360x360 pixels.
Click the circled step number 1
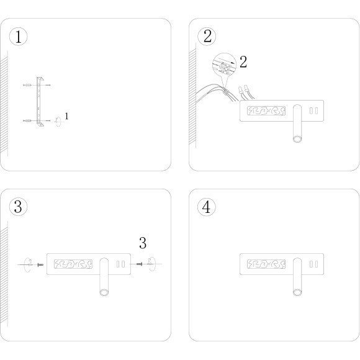click(18, 37)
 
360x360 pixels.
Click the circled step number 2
click(207, 36)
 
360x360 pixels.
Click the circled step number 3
click(18, 207)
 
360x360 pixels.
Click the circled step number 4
click(207, 207)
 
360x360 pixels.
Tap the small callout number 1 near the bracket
click(66, 116)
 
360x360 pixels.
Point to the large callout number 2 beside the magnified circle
click(243, 62)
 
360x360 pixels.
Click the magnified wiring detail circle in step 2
click(224, 65)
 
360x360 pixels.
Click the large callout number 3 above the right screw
click(143, 243)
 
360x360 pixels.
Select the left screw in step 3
click(40, 264)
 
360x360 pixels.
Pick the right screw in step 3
click(140, 264)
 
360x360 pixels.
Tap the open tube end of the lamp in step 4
click(297, 292)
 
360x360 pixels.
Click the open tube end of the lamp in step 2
click(297, 139)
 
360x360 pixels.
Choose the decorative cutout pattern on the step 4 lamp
click(266, 264)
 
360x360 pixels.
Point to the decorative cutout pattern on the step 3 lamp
click(73, 264)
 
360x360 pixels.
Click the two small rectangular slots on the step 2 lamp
click(313, 110)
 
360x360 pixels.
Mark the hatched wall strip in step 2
click(192, 97)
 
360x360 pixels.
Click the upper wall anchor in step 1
click(27, 85)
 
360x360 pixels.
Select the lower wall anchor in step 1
click(27, 120)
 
